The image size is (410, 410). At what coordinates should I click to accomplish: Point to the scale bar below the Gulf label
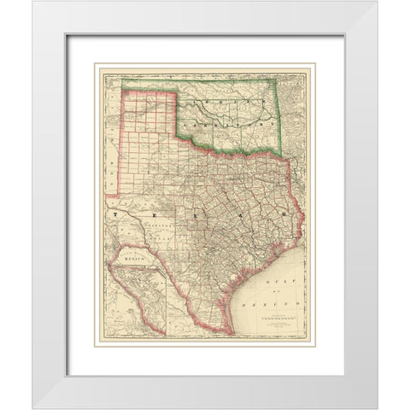[x=277, y=317]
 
